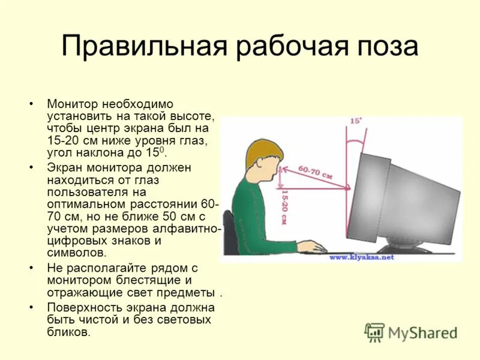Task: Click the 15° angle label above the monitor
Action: tap(355, 121)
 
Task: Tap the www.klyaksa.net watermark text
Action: tap(361, 257)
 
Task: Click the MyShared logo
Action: tap(410, 332)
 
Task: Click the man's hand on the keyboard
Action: tap(311, 246)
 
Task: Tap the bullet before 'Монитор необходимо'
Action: tap(31, 104)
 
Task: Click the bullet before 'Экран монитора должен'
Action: tap(31, 167)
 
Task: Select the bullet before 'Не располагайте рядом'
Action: tap(31, 268)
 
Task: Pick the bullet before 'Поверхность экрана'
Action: tap(31, 307)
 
